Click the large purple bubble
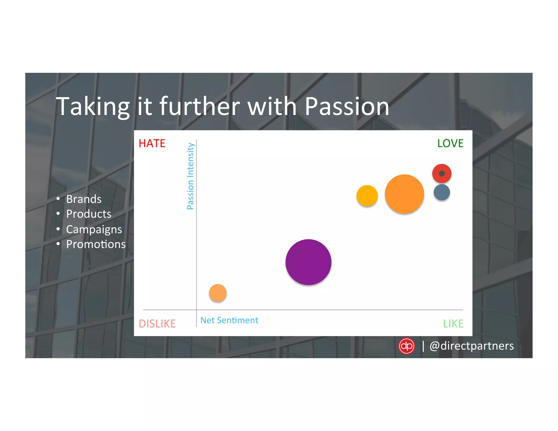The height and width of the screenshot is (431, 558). point(308,262)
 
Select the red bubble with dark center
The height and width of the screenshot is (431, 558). point(442,174)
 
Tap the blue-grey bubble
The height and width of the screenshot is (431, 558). point(442,192)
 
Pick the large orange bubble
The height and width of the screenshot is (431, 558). point(404,194)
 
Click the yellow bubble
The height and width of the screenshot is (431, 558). point(367,196)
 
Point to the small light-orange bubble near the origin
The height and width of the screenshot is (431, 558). point(218,293)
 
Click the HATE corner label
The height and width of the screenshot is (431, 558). point(152,143)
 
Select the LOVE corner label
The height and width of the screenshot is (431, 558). point(450,143)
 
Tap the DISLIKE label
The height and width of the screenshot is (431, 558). point(157,324)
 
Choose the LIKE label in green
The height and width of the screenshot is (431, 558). point(453,324)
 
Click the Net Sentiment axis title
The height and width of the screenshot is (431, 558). point(229,320)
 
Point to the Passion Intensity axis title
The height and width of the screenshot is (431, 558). point(190,176)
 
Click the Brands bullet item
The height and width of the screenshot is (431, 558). point(84,199)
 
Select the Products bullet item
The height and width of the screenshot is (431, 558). point(89,214)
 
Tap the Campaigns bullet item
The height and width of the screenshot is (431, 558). point(94,229)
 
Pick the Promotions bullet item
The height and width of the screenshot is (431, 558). point(96,244)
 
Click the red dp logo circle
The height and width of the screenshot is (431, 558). point(406,346)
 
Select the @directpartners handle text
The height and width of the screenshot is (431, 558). point(471,346)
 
